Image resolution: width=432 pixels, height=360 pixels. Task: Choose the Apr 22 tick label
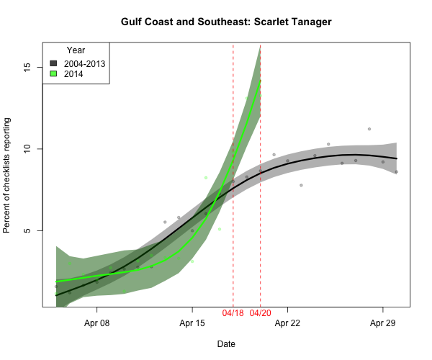click(x=287, y=323)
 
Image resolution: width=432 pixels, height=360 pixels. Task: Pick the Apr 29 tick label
click(x=382, y=323)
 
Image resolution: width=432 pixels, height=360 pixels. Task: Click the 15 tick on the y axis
click(x=28, y=67)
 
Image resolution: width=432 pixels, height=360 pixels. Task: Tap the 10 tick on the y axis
click(x=28, y=149)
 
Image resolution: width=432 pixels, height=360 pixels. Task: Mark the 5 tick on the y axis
click(x=28, y=230)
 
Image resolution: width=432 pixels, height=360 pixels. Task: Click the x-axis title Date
click(x=226, y=344)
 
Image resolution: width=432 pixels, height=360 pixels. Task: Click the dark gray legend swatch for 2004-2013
click(x=53, y=63)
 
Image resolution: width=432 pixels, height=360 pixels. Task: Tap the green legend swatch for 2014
click(x=53, y=73)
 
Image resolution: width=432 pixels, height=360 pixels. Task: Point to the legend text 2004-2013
click(x=84, y=63)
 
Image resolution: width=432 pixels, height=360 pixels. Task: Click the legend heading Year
click(x=76, y=50)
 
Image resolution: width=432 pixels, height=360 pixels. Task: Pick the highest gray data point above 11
click(x=369, y=129)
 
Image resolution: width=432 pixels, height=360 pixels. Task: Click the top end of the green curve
click(x=260, y=81)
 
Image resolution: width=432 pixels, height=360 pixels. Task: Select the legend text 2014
click(x=73, y=73)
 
